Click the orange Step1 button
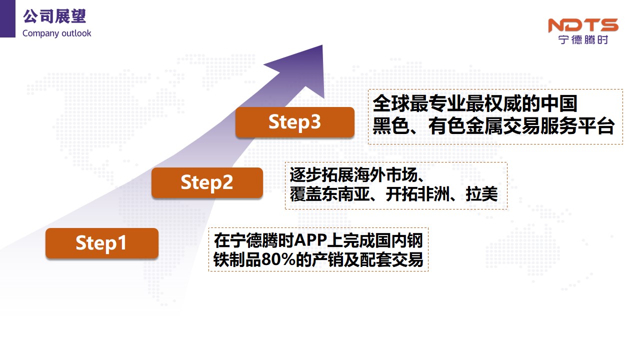(101, 243)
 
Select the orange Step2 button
(207, 182)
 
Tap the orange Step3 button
(295, 122)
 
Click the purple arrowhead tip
(322, 45)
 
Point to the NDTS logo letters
(583, 25)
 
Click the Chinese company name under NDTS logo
(583, 39)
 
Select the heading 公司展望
(54, 16)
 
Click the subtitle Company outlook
(57, 33)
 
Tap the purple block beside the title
(7, 18)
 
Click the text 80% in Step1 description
(278, 259)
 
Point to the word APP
(310, 240)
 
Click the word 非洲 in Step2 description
(433, 194)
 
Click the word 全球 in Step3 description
(391, 103)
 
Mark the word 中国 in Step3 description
(559, 103)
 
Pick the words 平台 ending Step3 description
(596, 126)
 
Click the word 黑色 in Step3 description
(391, 126)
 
